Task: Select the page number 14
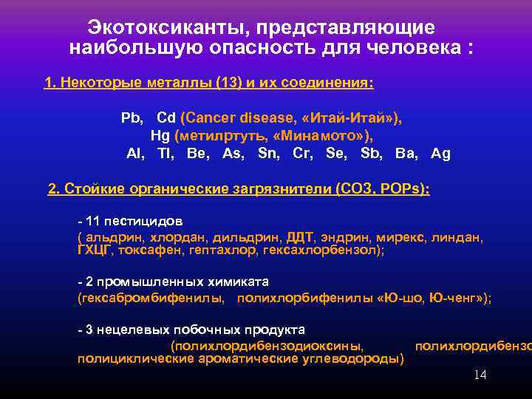pos(480,375)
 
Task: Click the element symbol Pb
pos(132,117)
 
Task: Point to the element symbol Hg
pos(160,136)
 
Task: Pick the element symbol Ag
pos(440,154)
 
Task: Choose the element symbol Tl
pos(166,154)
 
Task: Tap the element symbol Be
pos(198,154)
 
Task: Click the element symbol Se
pos(335,154)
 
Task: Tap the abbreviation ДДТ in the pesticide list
pos(299,238)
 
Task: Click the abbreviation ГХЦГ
pos(95,250)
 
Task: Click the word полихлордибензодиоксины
pos(266,345)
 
